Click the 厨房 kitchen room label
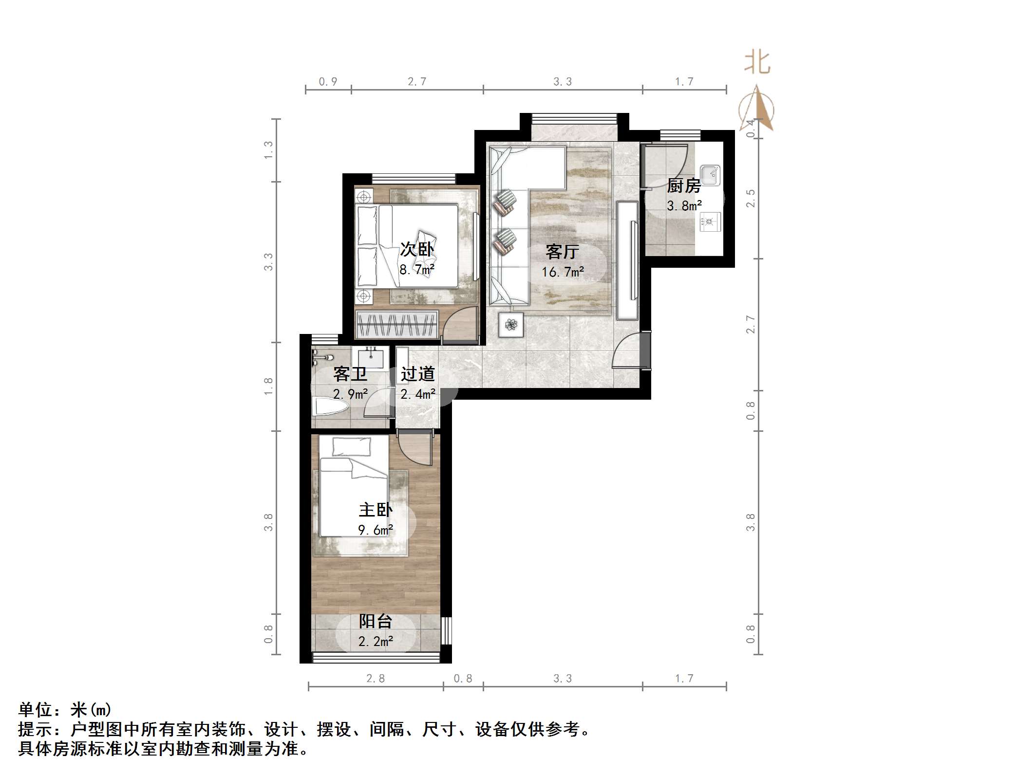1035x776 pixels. coord(683,185)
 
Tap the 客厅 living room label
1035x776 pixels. coord(562,252)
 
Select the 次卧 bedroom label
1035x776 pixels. coord(417,249)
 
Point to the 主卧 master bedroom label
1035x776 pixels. coord(375,510)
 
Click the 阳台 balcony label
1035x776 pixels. coord(375,621)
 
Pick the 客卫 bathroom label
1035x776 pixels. coord(350,374)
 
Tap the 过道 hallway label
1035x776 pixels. coord(417,374)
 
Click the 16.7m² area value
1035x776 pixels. coord(563,272)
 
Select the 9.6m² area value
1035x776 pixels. coord(376,530)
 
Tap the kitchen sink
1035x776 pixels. coord(710,175)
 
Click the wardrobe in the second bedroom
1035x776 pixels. coord(396,324)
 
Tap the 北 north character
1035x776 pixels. coord(756,63)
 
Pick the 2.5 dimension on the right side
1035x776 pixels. coord(751,199)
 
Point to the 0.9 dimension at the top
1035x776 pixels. coord(328,82)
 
